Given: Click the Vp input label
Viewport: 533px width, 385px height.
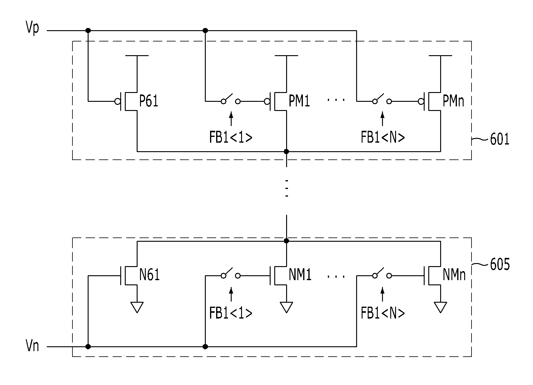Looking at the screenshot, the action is point(33,29).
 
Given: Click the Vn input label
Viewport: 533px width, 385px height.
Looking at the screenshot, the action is point(33,347).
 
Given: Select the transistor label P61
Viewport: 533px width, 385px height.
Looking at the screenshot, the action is point(149,101).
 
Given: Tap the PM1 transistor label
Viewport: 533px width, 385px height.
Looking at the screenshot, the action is point(299,101).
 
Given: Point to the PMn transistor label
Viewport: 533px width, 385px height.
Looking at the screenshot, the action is point(453,101).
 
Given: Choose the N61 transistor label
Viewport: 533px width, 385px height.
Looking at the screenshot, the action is point(149,276).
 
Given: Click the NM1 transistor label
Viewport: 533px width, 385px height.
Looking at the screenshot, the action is point(300,276).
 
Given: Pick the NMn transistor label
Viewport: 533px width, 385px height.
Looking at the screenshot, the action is point(454,276).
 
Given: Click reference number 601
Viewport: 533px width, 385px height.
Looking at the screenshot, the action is point(500,140).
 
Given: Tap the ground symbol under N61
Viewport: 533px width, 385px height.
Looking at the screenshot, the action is point(137,307).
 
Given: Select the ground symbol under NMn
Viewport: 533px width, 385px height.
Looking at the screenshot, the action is point(440,307).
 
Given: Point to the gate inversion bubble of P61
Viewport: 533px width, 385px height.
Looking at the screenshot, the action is point(117,101).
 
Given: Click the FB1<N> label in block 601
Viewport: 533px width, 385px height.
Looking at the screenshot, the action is point(383,137).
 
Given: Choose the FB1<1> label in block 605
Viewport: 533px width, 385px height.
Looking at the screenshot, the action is point(231,313).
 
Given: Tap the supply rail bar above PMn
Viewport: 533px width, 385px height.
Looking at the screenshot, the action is point(440,56).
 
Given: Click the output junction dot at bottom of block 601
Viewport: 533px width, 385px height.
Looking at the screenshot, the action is point(286,151).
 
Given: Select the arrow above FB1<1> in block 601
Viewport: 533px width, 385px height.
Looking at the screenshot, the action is point(231,119).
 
